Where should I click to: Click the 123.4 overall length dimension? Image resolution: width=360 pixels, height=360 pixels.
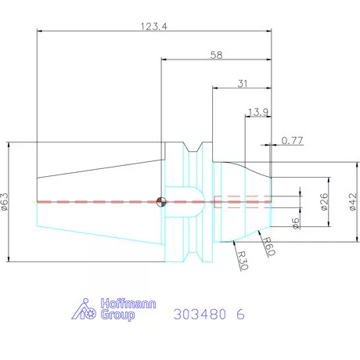[x=154, y=27]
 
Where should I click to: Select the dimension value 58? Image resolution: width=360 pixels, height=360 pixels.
[x=217, y=55]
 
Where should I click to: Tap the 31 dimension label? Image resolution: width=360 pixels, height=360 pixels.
[x=243, y=84]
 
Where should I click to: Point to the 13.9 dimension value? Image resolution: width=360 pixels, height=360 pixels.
[x=257, y=112]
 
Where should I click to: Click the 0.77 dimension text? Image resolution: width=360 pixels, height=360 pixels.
[x=292, y=141]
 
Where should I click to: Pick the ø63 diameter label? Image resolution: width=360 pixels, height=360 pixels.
[x=5, y=202]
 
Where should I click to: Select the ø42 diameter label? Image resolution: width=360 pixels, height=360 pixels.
[x=353, y=202]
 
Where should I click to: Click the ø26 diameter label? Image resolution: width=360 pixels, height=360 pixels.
[x=324, y=202]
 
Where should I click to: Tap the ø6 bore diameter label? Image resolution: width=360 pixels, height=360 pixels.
[x=296, y=223]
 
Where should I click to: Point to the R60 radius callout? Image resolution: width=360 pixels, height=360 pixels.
[x=268, y=247]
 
